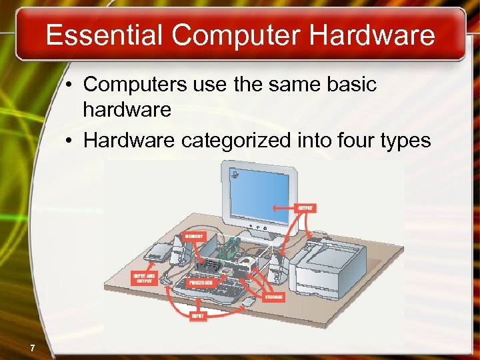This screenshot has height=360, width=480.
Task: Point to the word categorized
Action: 227,140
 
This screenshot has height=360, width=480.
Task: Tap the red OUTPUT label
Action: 306,208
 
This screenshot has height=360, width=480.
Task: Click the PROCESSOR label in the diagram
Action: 201,283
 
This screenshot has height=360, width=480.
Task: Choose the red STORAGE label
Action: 273,296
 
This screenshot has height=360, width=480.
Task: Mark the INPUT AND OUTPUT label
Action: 144,278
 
